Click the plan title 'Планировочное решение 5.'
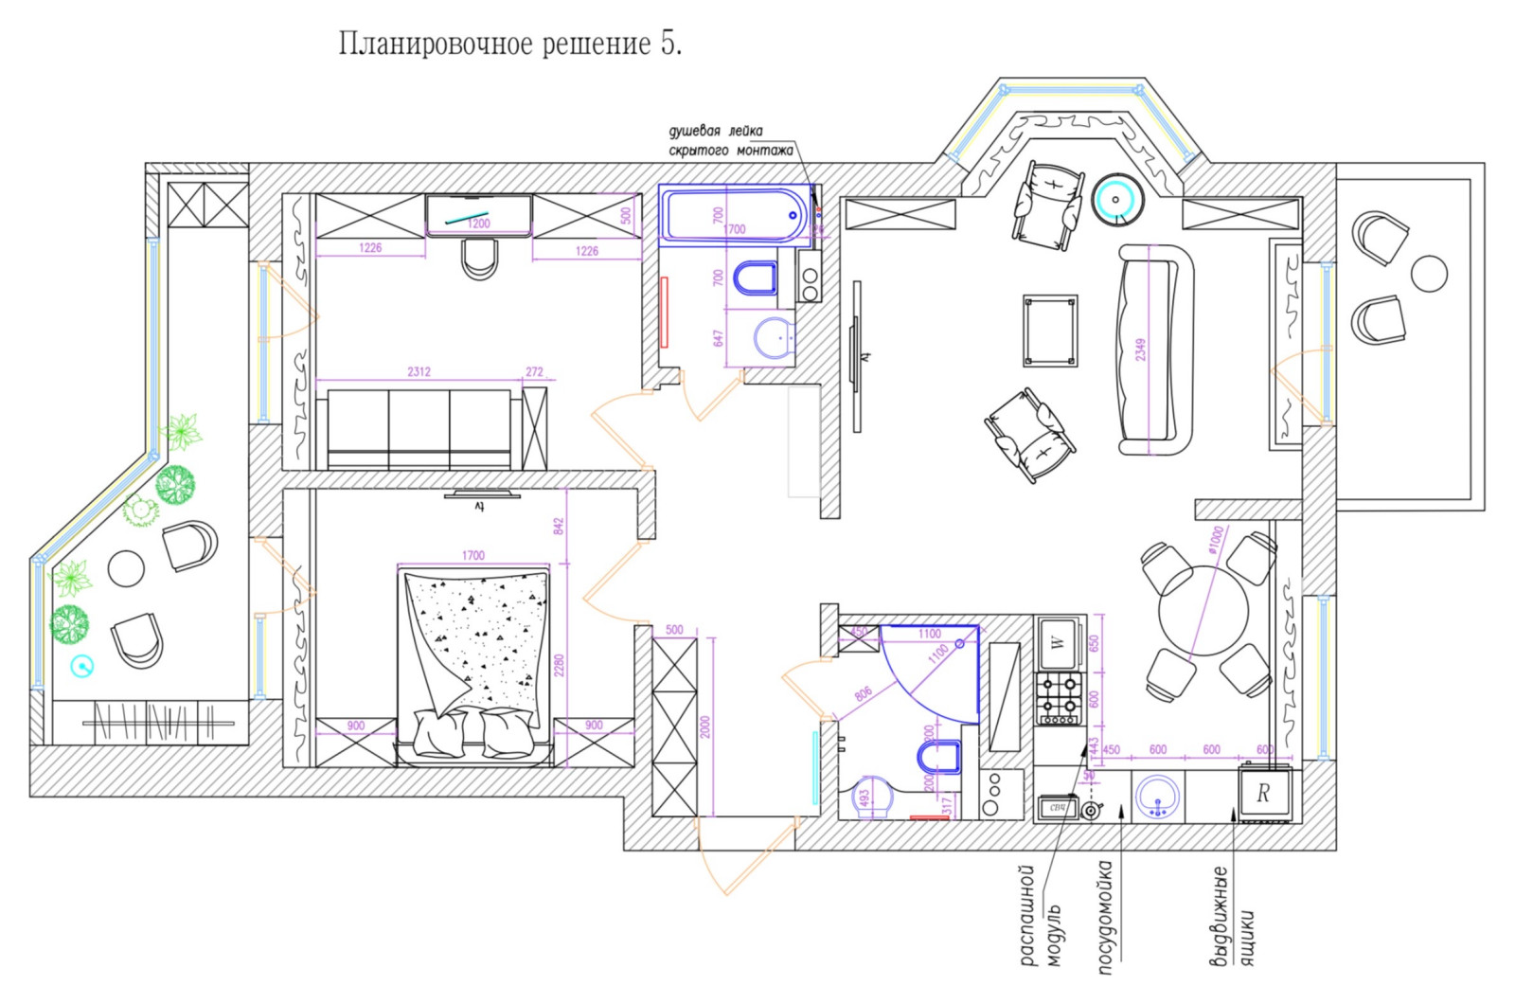pos(510,44)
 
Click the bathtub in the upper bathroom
pos(734,215)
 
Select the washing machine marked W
pos(1059,642)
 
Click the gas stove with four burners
pos(1059,698)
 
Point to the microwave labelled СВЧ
pos(1059,808)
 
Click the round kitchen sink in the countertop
pos(1157,797)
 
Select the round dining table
pos(1203,611)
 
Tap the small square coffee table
pos(1050,331)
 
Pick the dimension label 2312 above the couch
pos(419,371)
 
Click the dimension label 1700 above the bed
pos(473,555)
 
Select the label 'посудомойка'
pos(1105,916)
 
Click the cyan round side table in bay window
pos(1117,200)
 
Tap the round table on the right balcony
pos(1428,274)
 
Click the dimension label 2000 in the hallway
pos(704,726)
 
